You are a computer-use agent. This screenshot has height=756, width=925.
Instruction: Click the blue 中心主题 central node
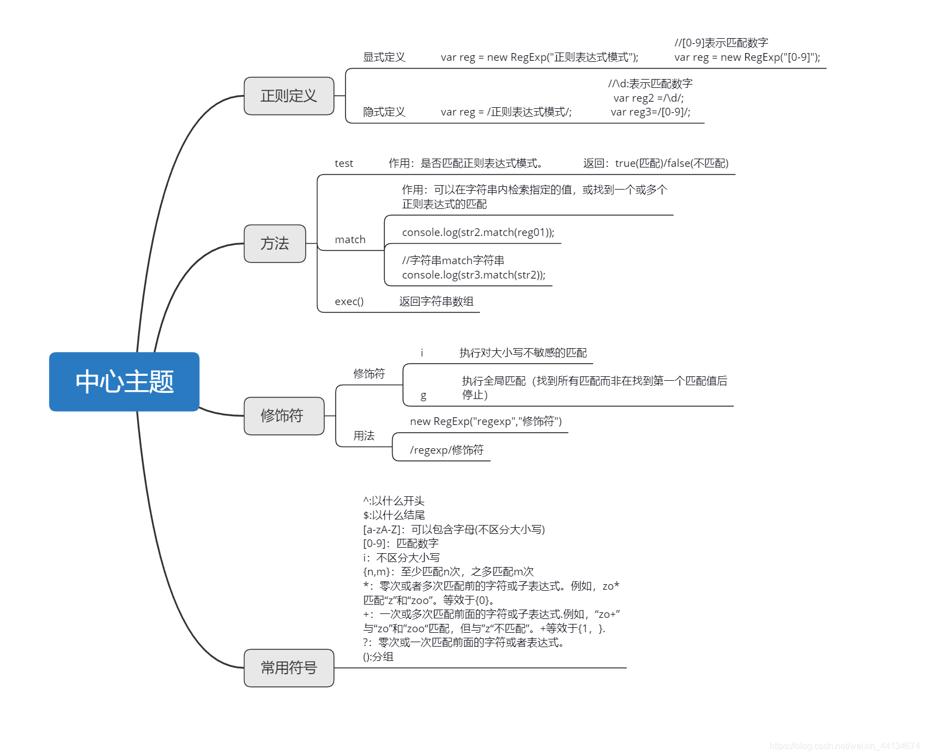pos(124,381)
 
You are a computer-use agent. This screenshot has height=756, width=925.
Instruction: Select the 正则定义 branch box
pos(289,96)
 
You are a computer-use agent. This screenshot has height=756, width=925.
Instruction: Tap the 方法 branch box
pos(275,244)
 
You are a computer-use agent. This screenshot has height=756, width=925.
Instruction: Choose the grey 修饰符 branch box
pos(284,416)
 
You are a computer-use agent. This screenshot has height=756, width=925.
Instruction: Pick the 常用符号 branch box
pos(289,668)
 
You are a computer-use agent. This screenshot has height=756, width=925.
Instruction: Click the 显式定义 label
pos(384,57)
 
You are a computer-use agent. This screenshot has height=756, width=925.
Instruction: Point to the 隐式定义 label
pos(384,112)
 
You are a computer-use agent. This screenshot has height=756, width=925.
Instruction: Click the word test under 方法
pos(343,164)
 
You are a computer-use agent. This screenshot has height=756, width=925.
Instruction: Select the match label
pos(350,240)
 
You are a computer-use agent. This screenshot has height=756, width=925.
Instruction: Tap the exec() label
pos(349,302)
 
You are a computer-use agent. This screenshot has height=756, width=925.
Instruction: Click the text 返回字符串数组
pos(436,302)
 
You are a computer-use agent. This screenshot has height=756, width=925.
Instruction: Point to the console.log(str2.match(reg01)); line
pos(478,233)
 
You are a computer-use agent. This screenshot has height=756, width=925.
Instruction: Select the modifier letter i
pos(422,353)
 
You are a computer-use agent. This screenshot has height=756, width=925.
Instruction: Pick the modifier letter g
pos(424,395)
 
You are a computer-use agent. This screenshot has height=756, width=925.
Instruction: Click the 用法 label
pos(364,436)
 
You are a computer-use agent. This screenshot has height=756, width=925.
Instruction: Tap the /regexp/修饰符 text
pos(446,450)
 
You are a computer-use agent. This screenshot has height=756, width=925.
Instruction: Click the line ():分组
pos(378,657)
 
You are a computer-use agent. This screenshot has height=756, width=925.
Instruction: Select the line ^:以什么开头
pos(394,501)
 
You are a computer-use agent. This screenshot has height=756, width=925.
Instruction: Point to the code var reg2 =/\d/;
pos(648,98)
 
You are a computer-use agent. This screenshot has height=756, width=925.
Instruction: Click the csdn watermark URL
pos(844,746)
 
